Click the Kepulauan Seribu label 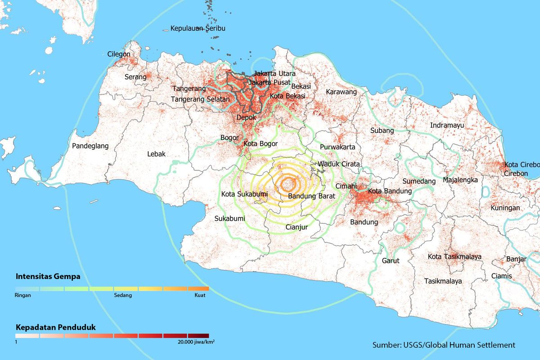(198, 28)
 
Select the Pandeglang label (90, 146)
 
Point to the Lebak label (156, 154)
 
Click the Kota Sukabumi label (244, 194)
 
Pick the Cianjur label (297, 227)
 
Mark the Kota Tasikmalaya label (454, 256)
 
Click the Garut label (391, 261)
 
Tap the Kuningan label (505, 208)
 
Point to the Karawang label (341, 92)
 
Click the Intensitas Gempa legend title (48, 276)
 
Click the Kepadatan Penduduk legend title (55, 327)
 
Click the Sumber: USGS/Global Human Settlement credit (443, 345)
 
